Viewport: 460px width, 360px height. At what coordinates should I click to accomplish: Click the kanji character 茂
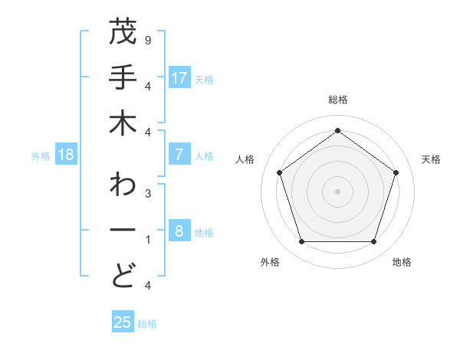click(123, 34)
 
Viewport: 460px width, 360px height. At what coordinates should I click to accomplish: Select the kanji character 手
click(123, 79)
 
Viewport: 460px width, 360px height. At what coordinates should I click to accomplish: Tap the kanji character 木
click(123, 125)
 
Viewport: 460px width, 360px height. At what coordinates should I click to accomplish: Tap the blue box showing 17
click(179, 78)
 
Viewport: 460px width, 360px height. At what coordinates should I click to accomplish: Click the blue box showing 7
click(179, 155)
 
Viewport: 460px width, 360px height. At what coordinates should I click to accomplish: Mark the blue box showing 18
click(66, 155)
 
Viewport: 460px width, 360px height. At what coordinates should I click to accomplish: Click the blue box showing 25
click(123, 322)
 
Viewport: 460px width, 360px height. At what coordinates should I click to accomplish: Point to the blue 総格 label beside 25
click(148, 324)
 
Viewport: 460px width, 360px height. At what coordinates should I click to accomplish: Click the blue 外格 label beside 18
click(41, 156)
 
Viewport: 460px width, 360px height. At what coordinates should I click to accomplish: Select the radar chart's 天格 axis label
click(432, 159)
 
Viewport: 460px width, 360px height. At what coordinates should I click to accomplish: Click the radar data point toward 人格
click(280, 172)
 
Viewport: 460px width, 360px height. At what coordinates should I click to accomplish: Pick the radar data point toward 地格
click(373, 242)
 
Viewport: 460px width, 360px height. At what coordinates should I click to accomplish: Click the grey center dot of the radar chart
click(337, 191)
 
